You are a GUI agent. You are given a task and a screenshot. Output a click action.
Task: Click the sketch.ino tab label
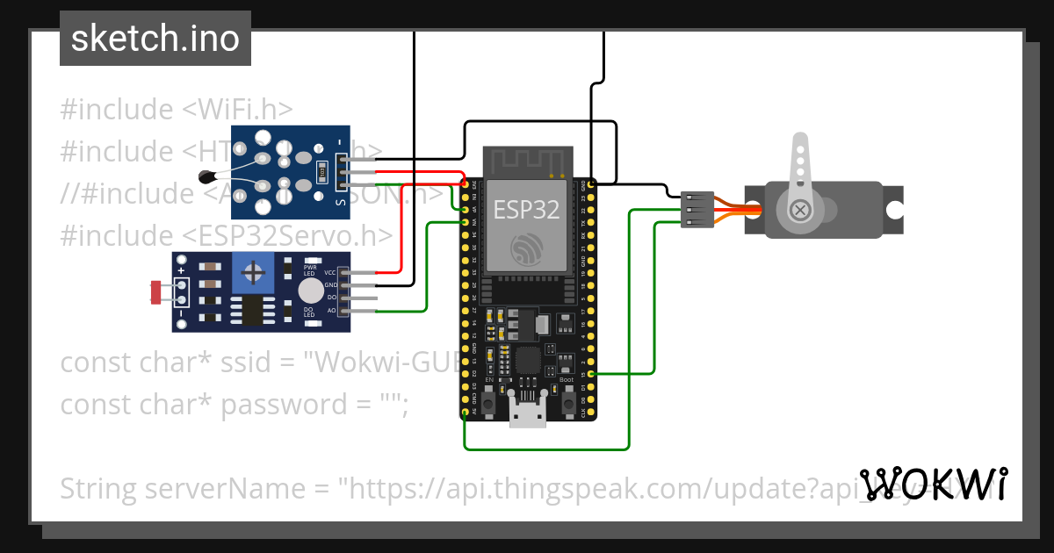[155, 39]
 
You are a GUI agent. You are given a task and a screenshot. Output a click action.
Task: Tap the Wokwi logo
[933, 485]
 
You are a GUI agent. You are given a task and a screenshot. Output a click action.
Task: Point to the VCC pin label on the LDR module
[330, 273]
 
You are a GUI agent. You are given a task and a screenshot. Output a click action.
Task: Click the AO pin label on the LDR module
[331, 310]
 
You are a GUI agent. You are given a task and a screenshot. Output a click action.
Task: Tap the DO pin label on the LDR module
[331, 298]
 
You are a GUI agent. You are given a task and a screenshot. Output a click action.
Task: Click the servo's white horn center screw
[800, 210]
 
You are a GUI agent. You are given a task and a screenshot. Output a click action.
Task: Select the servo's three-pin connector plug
[695, 210]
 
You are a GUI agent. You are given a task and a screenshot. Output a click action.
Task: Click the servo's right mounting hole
[893, 211]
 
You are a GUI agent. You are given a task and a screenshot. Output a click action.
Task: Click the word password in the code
[271, 405]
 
